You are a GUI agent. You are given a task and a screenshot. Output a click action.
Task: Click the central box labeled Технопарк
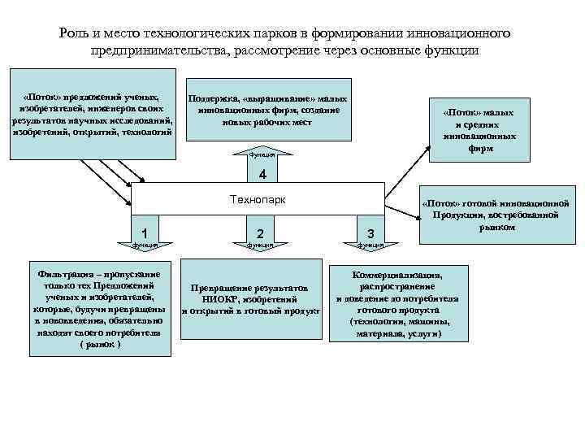[x=258, y=199]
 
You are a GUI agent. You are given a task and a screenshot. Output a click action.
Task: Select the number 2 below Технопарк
[x=259, y=232]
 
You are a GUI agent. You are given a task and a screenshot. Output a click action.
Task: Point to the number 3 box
[x=370, y=232]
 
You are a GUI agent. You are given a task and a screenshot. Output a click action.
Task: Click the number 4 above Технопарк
[x=261, y=175]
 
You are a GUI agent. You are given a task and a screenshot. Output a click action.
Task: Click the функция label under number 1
[x=144, y=244]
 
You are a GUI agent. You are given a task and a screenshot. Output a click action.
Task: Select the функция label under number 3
[x=370, y=244]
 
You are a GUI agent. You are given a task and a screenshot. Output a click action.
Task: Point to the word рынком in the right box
[x=497, y=228]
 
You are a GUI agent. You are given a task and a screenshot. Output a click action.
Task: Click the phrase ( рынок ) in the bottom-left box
[x=100, y=345]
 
